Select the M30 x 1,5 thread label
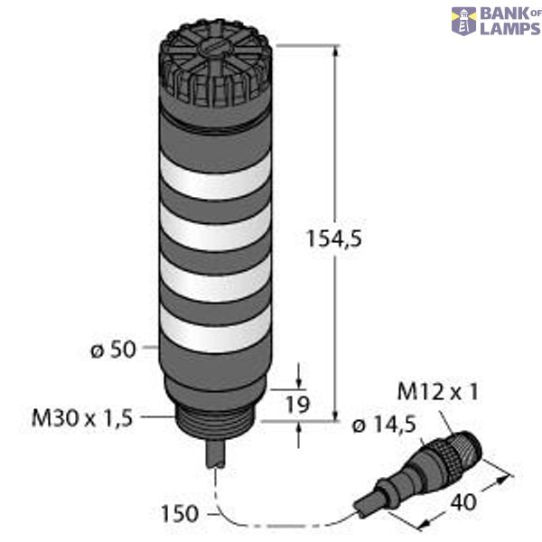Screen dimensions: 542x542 point(82,417)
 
